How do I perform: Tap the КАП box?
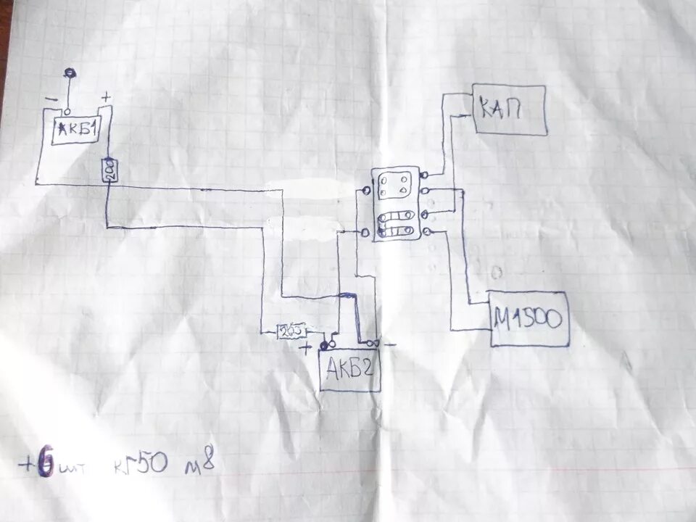point(510,109)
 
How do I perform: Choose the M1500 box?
point(529,318)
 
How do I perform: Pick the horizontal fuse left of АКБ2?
point(291,331)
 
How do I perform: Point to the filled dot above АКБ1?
point(70,72)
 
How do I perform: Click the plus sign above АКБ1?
point(106,96)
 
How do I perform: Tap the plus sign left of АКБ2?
point(307,348)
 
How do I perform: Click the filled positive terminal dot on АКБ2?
point(324,344)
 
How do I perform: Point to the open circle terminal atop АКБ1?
point(67,112)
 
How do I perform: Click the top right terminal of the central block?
point(423,175)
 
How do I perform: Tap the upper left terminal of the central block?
point(365,191)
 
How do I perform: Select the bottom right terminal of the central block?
point(426,231)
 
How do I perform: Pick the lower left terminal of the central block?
point(364,232)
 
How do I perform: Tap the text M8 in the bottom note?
point(202,462)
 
